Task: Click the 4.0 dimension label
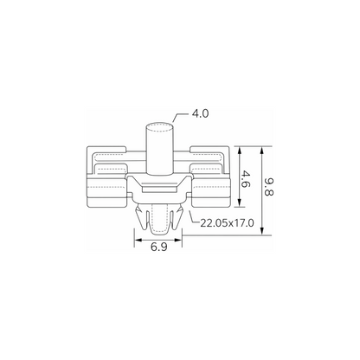point(200,113)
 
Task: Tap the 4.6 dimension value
point(246,179)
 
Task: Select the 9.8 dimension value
point(268,186)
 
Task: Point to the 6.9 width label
point(159,247)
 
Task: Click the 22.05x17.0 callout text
point(227,223)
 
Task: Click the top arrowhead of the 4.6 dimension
point(239,151)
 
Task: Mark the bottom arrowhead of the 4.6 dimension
point(239,202)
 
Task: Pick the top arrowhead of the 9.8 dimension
point(262,151)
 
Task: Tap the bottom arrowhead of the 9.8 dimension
point(262,231)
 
